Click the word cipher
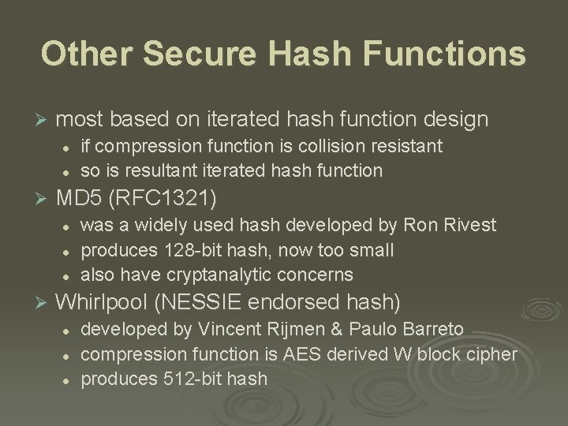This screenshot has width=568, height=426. point(492,353)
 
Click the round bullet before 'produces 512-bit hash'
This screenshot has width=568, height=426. point(69,379)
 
